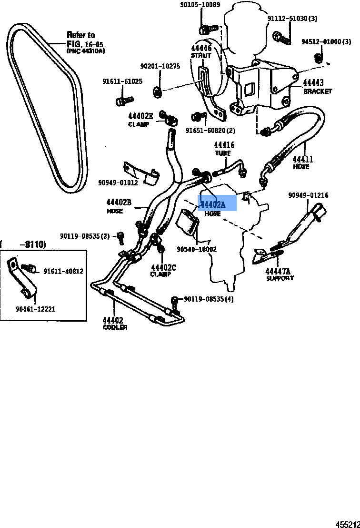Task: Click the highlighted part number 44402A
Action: pos(213,205)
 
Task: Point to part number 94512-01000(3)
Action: pos(328,42)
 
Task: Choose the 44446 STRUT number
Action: pos(201,48)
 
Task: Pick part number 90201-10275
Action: pos(160,66)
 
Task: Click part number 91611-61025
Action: pos(122,81)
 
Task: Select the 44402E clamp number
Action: pos(140,116)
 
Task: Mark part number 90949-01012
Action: pos(118,183)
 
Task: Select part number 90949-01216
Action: pos(308,195)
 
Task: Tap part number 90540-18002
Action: pos(197,249)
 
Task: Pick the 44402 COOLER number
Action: pos(112,320)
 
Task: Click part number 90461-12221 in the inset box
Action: pos(35,309)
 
